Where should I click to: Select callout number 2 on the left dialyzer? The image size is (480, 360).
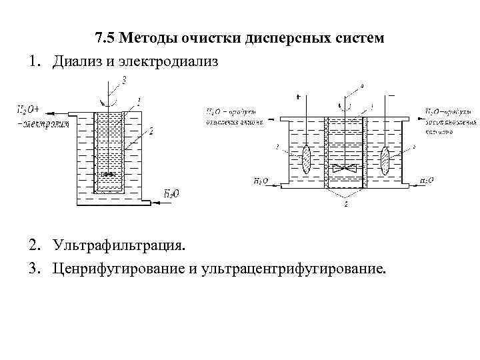[151, 132]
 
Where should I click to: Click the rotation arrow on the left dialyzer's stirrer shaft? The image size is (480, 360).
[105, 102]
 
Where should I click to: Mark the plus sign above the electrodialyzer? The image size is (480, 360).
[298, 97]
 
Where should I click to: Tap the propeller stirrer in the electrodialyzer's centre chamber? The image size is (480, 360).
[345, 169]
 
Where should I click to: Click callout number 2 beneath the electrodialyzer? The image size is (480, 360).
[345, 205]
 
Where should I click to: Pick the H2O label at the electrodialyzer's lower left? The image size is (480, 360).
[262, 181]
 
